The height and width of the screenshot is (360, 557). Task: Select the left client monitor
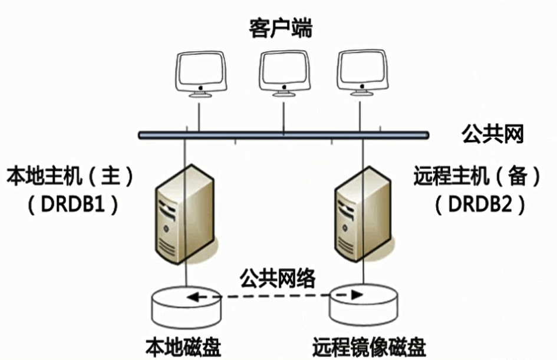(x=201, y=71)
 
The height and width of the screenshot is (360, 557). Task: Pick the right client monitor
(x=361, y=70)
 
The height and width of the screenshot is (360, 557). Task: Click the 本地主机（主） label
(x=70, y=176)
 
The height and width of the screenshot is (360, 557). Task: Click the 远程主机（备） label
(x=477, y=176)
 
